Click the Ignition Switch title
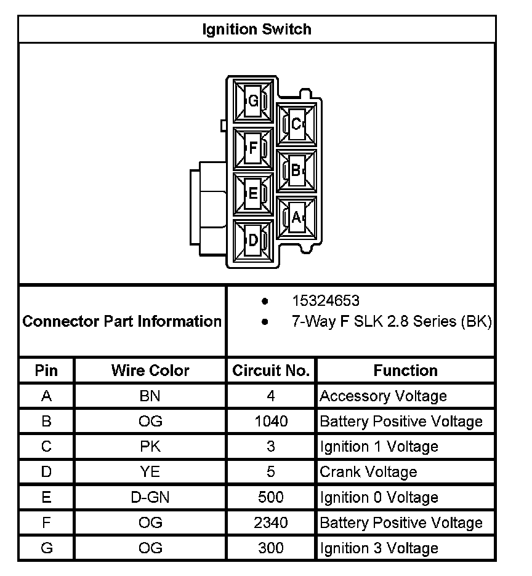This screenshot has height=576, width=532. click(x=257, y=30)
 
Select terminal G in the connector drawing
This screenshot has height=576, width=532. click(x=252, y=101)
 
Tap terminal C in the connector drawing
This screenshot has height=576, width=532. click(x=296, y=124)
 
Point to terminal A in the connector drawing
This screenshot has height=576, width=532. click(x=296, y=217)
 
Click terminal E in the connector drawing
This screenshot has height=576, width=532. click(x=252, y=194)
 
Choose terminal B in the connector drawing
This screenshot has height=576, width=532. click(x=296, y=170)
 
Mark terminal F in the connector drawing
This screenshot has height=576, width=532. click(x=252, y=148)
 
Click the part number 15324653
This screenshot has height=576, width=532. click(x=325, y=301)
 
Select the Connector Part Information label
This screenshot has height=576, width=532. click(x=122, y=321)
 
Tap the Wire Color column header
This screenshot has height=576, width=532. click(x=150, y=370)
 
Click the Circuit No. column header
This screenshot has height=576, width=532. click(x=271, y=370)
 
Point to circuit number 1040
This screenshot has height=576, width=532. click(x=271, y=422)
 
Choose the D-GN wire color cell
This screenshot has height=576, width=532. click(x=150, y=497)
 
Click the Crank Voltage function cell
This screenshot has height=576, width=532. click(x=368, y=472)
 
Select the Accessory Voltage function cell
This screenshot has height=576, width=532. click(x=383, y=396)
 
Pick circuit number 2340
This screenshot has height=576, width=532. click(x=271, y=522)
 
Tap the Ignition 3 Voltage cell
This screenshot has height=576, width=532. click(x=379, y=548)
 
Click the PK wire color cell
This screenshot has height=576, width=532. click(x=150, y=447)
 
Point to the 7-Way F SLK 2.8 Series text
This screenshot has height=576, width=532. click(x=391, y=321)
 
